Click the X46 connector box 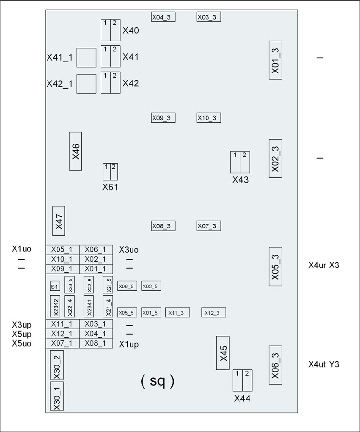(75, 151)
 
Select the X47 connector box (58, 221)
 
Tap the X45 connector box (223, 353)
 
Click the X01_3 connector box (275, 60)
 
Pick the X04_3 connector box (163, 17)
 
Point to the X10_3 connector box (209, 118)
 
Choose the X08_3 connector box (163, 226)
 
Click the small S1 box (55, 286)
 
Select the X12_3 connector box (214, 312)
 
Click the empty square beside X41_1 (86, 58)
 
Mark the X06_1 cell (96, 250)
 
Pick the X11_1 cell (62, 324)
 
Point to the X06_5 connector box (127, 286)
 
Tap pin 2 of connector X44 (247, 380)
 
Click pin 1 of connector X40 (105, 30)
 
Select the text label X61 (110, 187)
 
